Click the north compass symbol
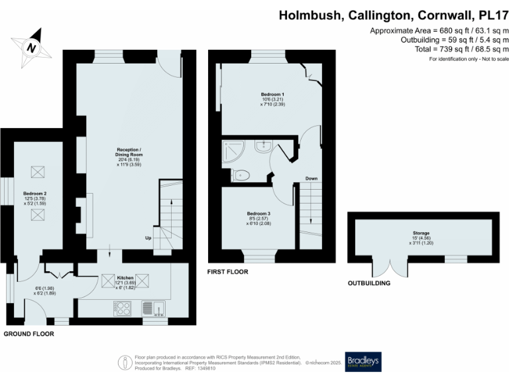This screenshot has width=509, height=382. pos(30,47)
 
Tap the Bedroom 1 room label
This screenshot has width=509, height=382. pos(270,95)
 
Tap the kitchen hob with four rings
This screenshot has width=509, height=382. pos(123,308)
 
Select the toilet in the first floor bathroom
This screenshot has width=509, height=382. pos(241,175)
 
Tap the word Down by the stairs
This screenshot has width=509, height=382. pos(311,178)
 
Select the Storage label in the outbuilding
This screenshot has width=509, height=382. pos(422,233)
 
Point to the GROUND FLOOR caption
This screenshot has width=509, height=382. pos(28,334)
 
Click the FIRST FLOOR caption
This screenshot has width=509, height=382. pos(227,272)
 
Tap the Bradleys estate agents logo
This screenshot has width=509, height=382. pos(363,361)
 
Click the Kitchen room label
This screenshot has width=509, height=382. pos(125,277)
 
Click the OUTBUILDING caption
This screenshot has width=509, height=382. pos(368,283)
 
